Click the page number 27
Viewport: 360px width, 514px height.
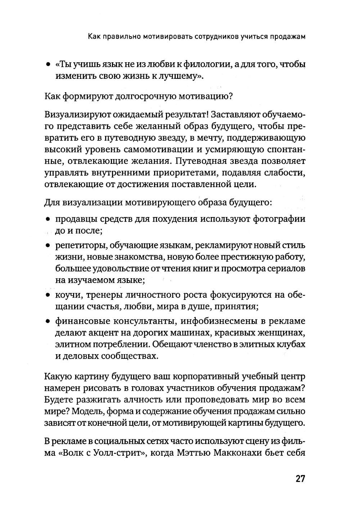pyautogui.click(x=300, y=479)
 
